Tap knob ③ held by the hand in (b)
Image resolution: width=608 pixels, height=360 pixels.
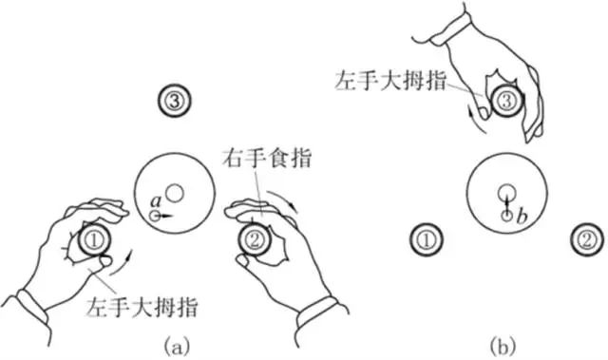(505, 101)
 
